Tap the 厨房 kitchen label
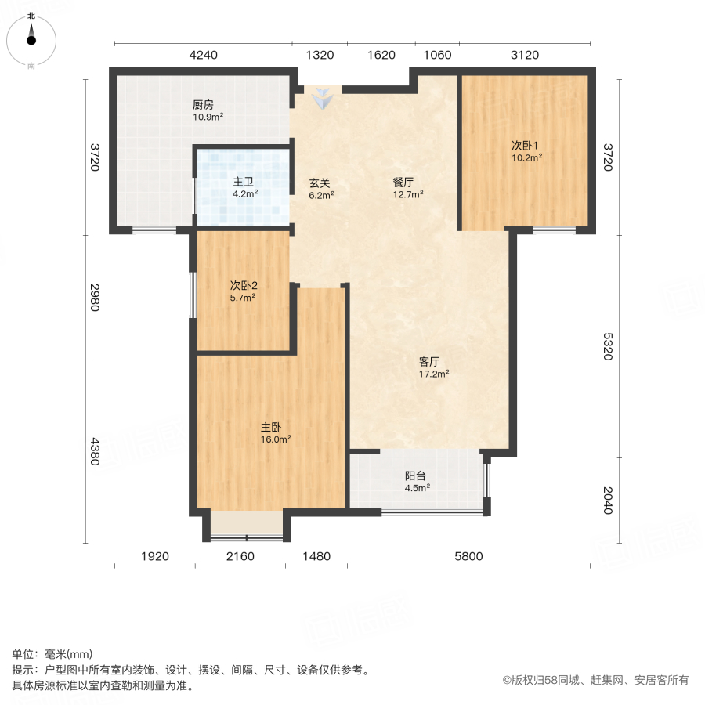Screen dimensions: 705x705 [x=203, y=105]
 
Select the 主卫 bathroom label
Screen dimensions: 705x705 [x=242, y=183]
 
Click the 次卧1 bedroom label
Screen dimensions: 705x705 [x=525, y=145]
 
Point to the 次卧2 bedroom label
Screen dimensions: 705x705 [x=244, y=286]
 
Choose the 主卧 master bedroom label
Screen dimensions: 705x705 [x=271, y=428]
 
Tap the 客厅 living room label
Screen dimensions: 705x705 [x=428, y=362]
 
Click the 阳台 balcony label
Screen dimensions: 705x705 [x=415, y=475]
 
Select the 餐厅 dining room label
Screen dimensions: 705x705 [x=403, y=183]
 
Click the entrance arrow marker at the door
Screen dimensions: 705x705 [x=322, y=99]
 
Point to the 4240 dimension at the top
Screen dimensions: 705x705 [x=204, y=55]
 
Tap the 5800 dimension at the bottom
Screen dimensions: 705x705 [x=468, y=557]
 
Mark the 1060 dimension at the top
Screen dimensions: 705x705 [x=437, y=55]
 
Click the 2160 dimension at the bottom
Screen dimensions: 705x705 [x=240, y=557]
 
